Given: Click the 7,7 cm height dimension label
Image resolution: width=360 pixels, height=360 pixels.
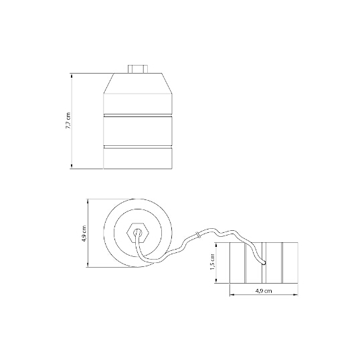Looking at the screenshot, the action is point(68,120).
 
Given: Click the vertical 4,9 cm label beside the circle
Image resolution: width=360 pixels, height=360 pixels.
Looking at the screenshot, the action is point(84,234).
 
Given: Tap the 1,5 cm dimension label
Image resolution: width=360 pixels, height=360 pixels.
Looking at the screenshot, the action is point(212,262).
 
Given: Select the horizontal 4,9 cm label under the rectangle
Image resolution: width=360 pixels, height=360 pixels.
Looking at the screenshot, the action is point(264,291).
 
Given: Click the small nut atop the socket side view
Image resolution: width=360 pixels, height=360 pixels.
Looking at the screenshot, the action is point(138,69).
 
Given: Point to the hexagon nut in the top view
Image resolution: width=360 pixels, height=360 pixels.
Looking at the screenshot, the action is point(138,233).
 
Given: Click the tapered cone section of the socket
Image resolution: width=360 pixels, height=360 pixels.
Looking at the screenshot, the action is point(138,84).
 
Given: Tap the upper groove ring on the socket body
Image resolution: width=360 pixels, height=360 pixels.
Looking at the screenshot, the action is point(138,115).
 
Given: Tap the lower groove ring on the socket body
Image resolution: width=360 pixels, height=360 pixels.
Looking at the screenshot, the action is point(138,147).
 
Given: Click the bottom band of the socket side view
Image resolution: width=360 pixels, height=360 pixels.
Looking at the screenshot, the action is point(138,159).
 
